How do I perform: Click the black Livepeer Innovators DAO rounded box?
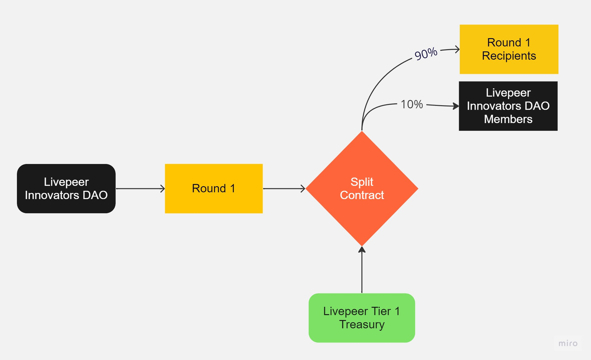pos(66,188)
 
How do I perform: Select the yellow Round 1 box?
pos(214,188)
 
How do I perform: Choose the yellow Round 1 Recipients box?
pos(509,49)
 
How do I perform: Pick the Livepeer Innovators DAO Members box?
pos(508,106)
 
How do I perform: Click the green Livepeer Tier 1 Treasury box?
pos(362,318)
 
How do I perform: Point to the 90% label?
pos(426,53)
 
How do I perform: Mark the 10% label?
pos(412,104)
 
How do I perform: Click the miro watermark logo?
pos(568,343)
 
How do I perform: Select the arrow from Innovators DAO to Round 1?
pos(140,188)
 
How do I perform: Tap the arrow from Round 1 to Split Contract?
pos(284,188)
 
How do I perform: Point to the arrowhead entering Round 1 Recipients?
pos(457,49)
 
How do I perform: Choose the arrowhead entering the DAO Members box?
pos(456,106)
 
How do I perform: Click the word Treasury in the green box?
pos(362,325)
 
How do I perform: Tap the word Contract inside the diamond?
pos(362,195)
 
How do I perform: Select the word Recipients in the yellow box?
pos(509,56)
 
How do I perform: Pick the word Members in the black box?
pos(508,119)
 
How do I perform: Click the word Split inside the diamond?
pos(362,182)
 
